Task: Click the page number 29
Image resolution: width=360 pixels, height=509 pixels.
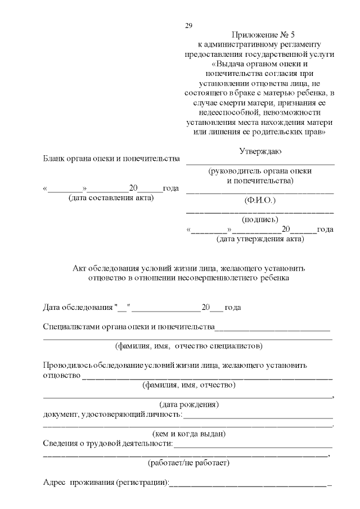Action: click(188, 26)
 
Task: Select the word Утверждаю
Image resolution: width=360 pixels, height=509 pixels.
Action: click(260, 151)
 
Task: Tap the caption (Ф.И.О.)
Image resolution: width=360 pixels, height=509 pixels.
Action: click(260, 200)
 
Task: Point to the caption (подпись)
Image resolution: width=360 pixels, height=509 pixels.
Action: click(260, 220)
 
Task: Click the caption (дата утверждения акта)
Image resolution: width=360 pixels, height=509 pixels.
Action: click(260, 239)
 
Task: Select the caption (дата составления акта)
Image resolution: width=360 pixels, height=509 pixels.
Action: click(111, 198)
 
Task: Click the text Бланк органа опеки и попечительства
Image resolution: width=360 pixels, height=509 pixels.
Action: click(111, 159)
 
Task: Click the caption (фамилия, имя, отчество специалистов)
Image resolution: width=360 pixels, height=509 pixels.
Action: click(188, 345)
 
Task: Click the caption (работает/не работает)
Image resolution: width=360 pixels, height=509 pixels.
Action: click(188, 463)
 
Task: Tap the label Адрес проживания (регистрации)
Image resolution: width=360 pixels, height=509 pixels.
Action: click(106, 483)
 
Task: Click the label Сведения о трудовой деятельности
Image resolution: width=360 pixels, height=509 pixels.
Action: click(108, 444)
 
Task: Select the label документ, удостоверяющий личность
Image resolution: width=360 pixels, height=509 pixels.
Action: click(112, 415)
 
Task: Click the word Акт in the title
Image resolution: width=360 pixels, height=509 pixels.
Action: click(81, 268)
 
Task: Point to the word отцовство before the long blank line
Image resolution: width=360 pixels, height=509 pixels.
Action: click(61, 375)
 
